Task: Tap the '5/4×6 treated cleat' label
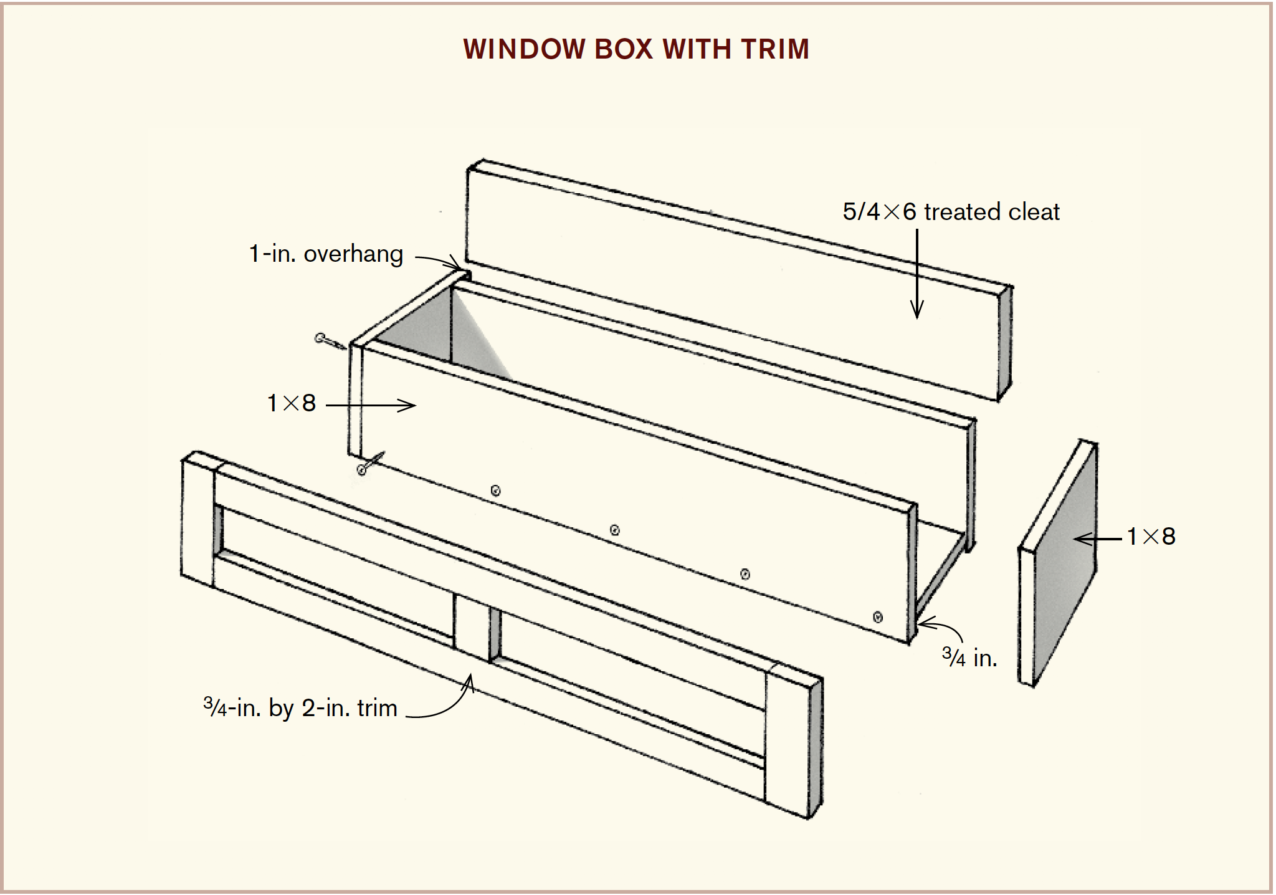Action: click(x=951, y=212)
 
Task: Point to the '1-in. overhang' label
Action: click(x=326, y=254)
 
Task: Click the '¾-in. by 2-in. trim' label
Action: click(x=300, y=708)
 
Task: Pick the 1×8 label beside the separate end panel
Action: click(x=1151, y=537)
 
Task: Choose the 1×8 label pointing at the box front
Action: click(x=292, y=403)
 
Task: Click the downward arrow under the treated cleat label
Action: click(x=917, y=274)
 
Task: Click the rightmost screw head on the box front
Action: click(x=878, y=617)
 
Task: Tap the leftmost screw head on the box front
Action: click(x=495, y=491)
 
